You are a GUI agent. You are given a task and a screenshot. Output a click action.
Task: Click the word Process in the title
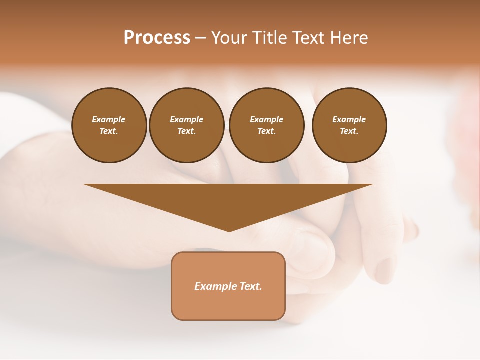157,38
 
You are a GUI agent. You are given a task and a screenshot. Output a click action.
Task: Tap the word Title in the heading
268,38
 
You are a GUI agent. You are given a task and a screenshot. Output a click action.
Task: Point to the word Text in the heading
309,38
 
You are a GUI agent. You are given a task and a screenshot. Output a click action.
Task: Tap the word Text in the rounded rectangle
250,286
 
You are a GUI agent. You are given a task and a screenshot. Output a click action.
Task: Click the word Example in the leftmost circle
109,119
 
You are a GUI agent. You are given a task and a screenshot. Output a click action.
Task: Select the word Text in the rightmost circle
349,131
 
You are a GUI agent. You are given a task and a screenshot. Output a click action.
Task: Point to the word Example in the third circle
266,119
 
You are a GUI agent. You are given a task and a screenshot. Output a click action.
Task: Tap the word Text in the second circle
186,131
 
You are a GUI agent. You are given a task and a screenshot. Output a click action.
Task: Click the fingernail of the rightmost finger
385,270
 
